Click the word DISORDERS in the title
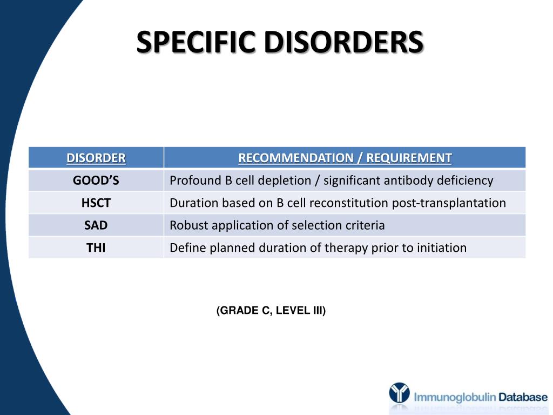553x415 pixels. pos(343,42)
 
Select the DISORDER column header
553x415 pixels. pos(96,158)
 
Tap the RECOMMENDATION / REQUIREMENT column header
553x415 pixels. pos(345,158)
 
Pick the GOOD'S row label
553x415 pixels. pos(96,180)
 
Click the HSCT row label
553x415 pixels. pos(96,203)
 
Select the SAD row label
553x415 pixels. pos(96,225)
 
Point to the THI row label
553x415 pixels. pos(96,248)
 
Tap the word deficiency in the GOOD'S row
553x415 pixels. pos(466,180)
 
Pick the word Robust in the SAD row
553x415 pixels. pos(187,225)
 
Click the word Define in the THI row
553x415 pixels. pos(187,248)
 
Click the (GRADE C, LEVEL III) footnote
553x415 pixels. pos(271,311)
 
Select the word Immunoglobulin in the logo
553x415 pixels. pos(455,398)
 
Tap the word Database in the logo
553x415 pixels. pos(523,397)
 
